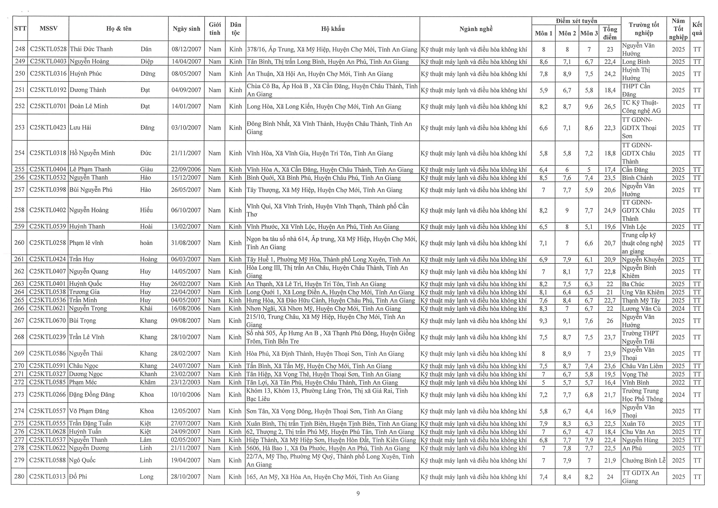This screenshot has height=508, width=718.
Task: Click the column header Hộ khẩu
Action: coord(333,29)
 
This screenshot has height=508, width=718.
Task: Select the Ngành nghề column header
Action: coord(476,29)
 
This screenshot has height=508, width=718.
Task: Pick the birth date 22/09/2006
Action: coord(186,169)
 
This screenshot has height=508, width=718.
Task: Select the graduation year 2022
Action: coord(678,382)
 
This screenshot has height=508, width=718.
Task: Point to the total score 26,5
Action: coord(610,106)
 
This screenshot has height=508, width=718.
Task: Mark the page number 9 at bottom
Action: coord(358,493)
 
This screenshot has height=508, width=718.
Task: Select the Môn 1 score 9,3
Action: coord(543,321)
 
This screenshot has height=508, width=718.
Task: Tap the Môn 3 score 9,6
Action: coord(589,106)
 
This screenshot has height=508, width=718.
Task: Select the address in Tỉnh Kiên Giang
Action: coord(331,440)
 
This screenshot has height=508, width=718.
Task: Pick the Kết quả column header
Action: coord(697,29)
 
